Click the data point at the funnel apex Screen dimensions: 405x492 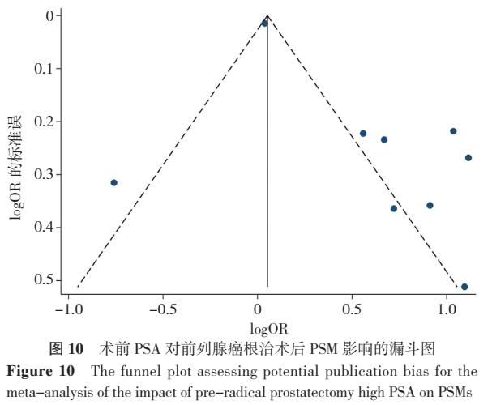point(264,23)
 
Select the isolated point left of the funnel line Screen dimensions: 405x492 point(114,182)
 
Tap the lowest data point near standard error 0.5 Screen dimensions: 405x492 point(464,287)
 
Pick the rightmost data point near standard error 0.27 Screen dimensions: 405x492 point(468,157)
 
